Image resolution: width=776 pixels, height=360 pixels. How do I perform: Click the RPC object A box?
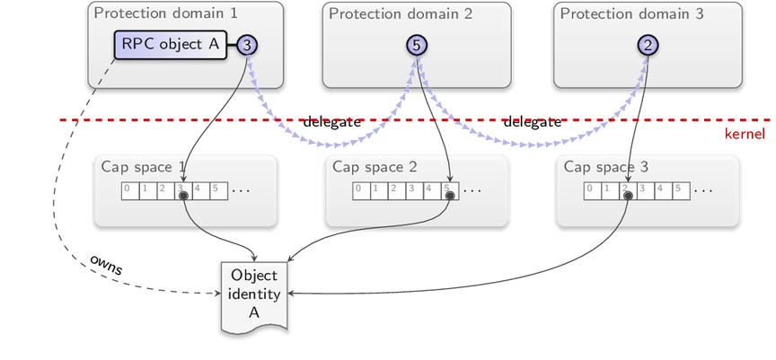click(x=171, y=45)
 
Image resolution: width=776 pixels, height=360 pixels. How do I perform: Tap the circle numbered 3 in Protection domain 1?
click(x=248, y=45)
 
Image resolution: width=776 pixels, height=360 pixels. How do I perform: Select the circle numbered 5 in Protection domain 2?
click(x=417, y=45)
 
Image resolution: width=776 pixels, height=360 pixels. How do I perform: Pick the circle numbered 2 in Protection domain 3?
click(x=648, y=45)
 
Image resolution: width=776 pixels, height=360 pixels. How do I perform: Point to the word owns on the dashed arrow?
click(x=106, y=265)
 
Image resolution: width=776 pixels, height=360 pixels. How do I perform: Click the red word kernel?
click(x=745, y=134)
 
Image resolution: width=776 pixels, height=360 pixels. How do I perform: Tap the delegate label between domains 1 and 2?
click(x=332, y=122)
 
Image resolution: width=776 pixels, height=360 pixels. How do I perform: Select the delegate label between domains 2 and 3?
click(x=533, y=122)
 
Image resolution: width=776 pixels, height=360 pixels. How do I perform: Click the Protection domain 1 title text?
click(x=166, y=13)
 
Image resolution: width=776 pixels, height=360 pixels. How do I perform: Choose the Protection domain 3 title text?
click(x=631, y=13)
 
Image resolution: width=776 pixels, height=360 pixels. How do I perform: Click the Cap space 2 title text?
click(x=375, y=167)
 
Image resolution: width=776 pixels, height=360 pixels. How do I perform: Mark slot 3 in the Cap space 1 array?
click(x=183, y=191)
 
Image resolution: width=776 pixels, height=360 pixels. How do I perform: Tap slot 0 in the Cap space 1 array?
click(x=130, y=191)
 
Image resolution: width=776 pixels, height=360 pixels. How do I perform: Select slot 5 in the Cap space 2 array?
click(x=450, y=191)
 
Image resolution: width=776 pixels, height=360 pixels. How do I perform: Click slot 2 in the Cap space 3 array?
click(x=628, y=191)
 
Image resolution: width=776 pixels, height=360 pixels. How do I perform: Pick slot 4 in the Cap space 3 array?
click(x=664, y=191)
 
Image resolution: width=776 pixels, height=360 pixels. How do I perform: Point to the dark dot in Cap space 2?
click(x=450, y=197)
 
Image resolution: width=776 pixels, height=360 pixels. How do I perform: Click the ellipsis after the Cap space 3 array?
click(x=702, y=190)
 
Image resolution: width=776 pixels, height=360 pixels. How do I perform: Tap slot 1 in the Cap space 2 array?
click(x=379, y=191)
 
